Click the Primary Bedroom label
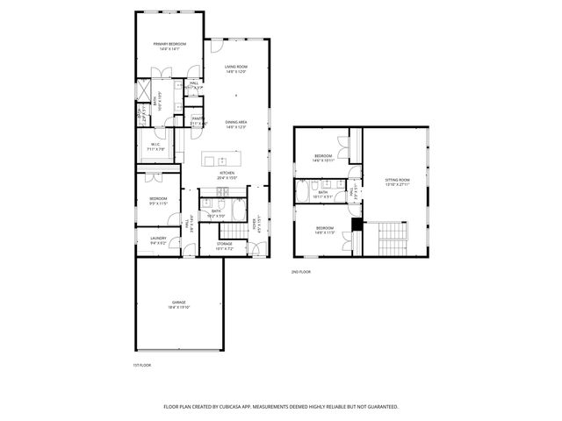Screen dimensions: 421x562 [169, 44]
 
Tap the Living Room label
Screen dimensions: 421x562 [236, 67]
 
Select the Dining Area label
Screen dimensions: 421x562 [236, 122]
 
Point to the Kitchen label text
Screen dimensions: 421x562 [227, 174]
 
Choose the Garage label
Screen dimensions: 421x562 [178, 302]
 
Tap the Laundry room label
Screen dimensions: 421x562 [158, 238]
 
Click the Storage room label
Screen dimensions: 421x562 [225, 244]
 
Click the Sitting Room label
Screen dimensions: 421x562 [398, 181]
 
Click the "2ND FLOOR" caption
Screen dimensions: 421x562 [301, 272]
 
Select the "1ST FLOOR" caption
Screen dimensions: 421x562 [142, 364]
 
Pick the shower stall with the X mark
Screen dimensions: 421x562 [142, 91]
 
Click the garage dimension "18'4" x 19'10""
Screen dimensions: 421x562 [178, 307]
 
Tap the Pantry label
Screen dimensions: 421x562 [198, 118]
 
